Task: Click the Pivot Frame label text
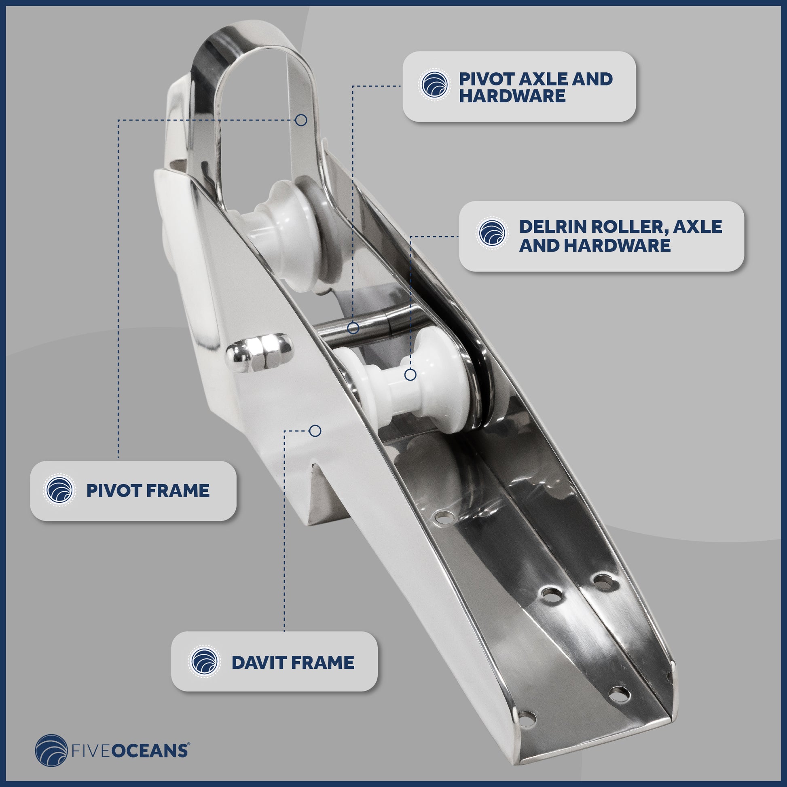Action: pyautogui.click(x=148, y=491)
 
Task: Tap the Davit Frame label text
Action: pyautogui.click(x=292, y=663)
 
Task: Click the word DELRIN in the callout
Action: pyautogui.click(x=552, y=226)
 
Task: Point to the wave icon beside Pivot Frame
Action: pyautogui.click(x=59, y=491)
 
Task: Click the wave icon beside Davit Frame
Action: pyautogui.click(x=204, y=663)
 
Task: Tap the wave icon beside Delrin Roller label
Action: pyautogui.click(x=492, y=233)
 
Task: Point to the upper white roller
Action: pyautogui.click(x=281, y=236)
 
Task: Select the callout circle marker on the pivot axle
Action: pyautogui.click(x=353, y=328)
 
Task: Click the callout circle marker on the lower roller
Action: pyautogui.click(x=410, y=374)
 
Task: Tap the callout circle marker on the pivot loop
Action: pyautogui.click(x=301, y=120)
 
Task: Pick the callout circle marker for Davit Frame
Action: pyautogui.click(x=315, y=431)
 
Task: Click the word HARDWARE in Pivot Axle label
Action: pyautogui.click(x=512, y=96)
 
